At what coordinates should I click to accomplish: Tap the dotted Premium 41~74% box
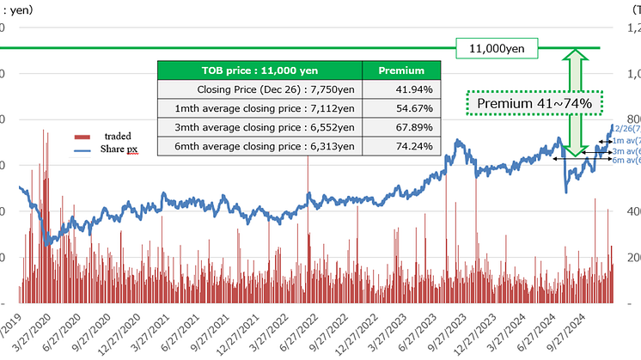[x=534, y=103]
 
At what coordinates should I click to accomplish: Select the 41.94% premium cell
[x=401, y=88]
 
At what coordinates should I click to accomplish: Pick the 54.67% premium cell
[x=401, y=108]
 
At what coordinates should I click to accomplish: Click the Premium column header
[x=401, y=70]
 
